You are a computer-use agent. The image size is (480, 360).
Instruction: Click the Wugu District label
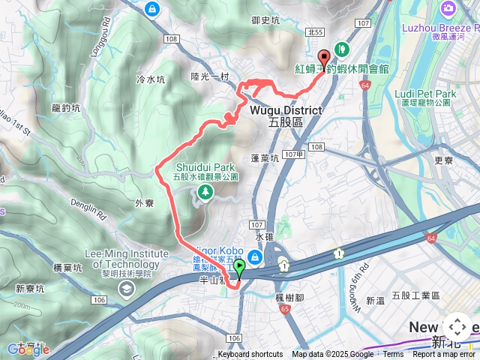tap(285, 110)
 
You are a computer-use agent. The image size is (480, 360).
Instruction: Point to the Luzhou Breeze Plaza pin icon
tap(448, 9)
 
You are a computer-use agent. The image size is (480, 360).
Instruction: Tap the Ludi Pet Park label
tap(424, 94)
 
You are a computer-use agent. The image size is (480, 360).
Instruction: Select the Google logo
tap(28, 349)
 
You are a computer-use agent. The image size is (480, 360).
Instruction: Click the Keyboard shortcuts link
tap(250, 355)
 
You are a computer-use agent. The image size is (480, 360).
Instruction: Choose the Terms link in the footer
tap(393, 355)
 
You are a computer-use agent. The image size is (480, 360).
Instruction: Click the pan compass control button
tap(457, 327)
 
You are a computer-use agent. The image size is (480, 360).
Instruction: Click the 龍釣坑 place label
tap(66, 108)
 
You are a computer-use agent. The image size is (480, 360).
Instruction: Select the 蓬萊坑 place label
tap(265, 158)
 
